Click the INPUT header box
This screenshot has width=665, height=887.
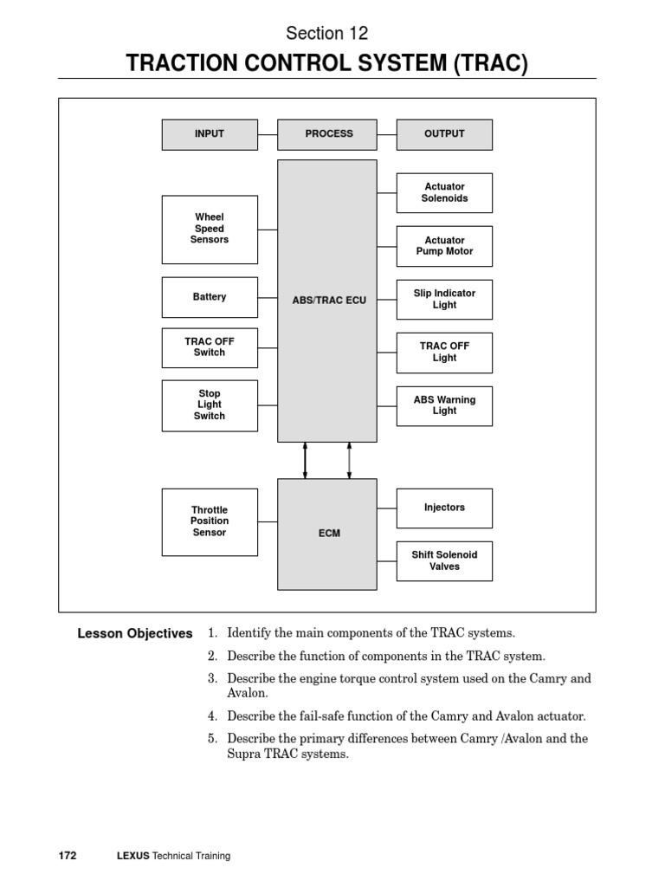[210, 134]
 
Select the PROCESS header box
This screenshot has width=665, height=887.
[329, 134]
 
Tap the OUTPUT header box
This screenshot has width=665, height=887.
[444, 134]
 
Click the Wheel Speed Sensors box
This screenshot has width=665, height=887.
[210, 229]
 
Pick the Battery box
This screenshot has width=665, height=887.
[210, 297]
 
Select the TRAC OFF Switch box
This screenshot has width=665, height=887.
[210, 347]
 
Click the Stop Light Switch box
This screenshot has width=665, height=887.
[210, 405]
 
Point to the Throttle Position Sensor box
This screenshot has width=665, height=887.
[210, 521]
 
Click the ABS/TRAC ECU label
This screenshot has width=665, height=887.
[329, 301]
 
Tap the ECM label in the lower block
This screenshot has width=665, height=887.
[329, 534]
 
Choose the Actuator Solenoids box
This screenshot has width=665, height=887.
[444, 192]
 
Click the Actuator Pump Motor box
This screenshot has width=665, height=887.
[444, 246]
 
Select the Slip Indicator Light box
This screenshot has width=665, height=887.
[444, 300]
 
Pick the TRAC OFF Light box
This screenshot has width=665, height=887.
[444, 353]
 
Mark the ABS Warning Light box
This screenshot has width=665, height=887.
[444, 405]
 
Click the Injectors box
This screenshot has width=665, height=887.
[444, 508]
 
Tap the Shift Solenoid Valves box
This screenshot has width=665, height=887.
[444, 560]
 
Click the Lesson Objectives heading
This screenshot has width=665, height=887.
[135, 634]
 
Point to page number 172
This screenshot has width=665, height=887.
[68, 856]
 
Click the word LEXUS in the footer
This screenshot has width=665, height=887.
[132, 856]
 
